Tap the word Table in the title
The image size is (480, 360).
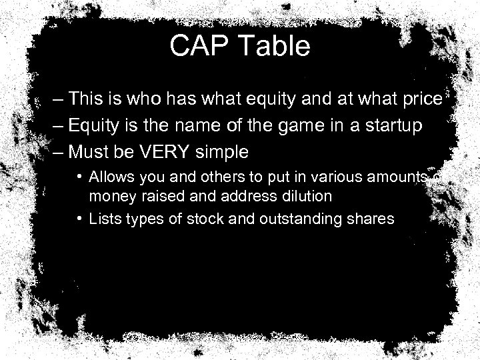click(x=276, y=47)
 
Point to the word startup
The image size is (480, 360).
click(x=395, y=126)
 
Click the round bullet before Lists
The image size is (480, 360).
click(x=79, y=217)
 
